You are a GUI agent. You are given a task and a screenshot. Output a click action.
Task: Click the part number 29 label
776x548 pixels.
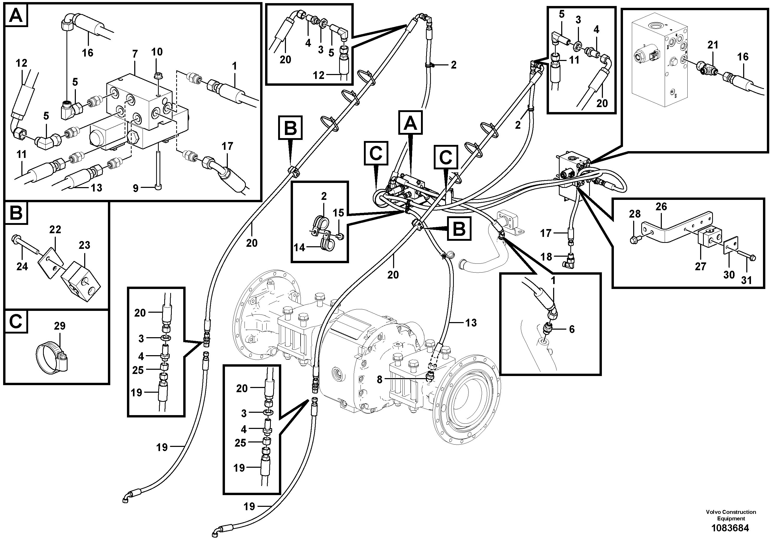[x=59, y=326]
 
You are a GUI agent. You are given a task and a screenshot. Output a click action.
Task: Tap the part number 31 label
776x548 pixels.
[x=747, y=280]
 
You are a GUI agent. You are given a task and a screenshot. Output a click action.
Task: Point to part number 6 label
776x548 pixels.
[x=572, y=329]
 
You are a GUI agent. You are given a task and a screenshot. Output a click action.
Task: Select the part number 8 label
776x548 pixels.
[x=380, y=380]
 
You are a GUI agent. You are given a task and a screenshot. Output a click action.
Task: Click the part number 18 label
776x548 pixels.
[x=547, y=257]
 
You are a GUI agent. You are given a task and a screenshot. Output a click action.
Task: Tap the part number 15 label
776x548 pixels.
[x=338, y=213]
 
